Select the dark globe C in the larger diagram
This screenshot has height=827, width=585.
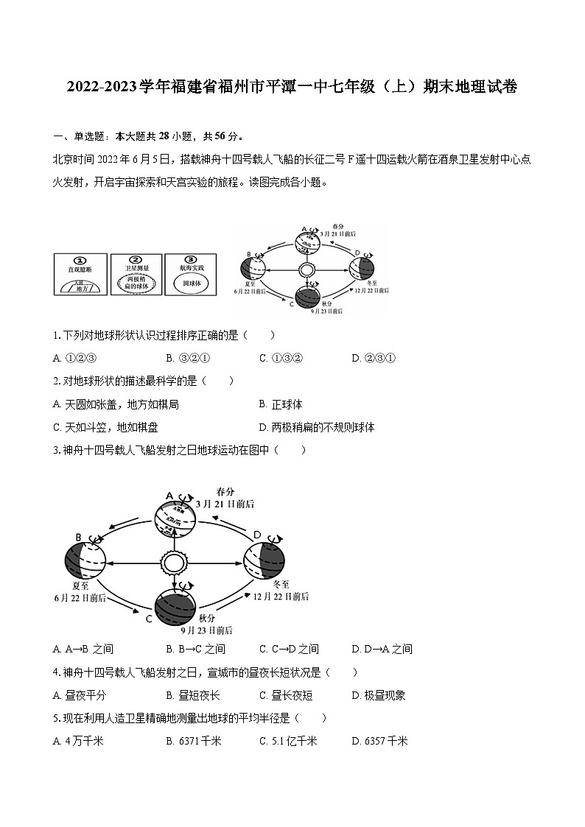click(175, 605)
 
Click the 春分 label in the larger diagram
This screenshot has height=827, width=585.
click(225, 491)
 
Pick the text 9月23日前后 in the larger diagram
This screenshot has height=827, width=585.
click(207, 630)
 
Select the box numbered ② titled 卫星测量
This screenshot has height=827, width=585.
click(134, 275)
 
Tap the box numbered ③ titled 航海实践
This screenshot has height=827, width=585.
click(191, 275)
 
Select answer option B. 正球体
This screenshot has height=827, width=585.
click(281, 404)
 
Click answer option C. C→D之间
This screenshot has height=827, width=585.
click(289, 649)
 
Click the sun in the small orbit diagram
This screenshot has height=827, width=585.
click(307, 270)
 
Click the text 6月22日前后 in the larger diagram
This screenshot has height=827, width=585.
click(78, 599)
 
